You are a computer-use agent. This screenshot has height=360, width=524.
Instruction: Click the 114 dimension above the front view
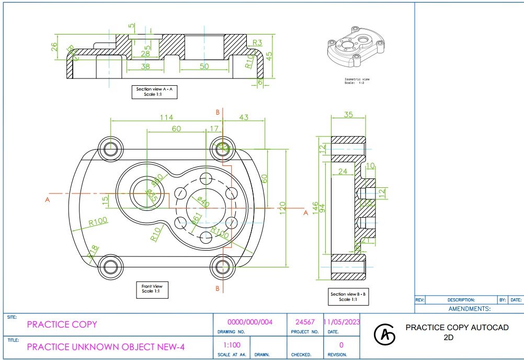[x=166, y=118]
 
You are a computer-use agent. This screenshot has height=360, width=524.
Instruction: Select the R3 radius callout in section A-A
[x=257, y=42]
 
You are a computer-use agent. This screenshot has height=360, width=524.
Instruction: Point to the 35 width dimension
[x=348, y=115]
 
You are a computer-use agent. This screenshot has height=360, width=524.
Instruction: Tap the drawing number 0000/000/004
[x=250, y=322]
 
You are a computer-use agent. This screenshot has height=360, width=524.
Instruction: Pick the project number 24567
[x=305, y=322]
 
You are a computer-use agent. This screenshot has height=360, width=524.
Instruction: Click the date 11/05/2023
[x=341, y=322]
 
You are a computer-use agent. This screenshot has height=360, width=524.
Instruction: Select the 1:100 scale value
[x=232, y=345]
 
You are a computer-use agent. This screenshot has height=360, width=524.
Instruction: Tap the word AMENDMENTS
[x=469, y=309]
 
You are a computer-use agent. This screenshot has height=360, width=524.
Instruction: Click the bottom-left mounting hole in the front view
[x=110, y=266]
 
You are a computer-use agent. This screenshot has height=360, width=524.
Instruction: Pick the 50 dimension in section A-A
[x=203, y=66]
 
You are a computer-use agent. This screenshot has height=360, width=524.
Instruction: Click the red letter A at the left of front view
[x=47, y=199]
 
